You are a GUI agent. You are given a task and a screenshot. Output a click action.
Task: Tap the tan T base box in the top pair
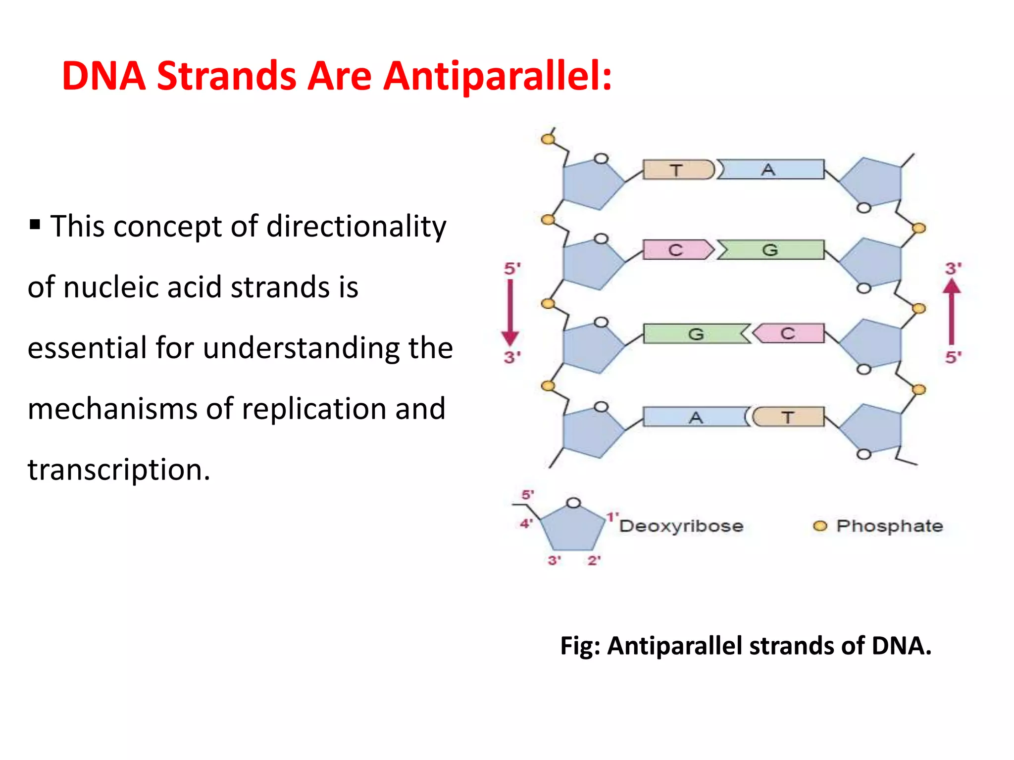click(677, 170)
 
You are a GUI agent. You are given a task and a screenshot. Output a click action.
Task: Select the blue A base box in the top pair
click(770, 170)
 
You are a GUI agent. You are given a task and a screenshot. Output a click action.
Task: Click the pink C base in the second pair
click(677, 250)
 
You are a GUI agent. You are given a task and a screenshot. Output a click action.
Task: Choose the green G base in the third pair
click(696, 334)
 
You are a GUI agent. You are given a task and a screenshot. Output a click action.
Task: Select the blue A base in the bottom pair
click(696, 417)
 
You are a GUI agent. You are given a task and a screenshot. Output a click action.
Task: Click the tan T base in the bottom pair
click(788, 417)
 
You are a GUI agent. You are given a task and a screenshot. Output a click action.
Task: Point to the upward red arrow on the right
click(951, 312)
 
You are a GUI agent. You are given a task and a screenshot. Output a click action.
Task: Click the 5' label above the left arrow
click(512, 269)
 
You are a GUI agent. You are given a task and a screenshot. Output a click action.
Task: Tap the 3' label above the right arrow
click(953, 269)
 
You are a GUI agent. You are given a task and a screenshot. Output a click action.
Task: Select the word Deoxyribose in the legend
click(681, 526)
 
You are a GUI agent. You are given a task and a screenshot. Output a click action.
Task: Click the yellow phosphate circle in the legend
click(820, 526)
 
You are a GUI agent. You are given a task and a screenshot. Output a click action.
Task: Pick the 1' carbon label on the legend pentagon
click(612, 517)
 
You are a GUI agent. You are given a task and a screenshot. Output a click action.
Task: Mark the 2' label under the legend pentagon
click(594, 561)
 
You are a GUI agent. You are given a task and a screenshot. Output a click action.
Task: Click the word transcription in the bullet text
click(118, 470)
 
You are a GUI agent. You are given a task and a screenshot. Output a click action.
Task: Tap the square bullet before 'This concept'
click(35, 225)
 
